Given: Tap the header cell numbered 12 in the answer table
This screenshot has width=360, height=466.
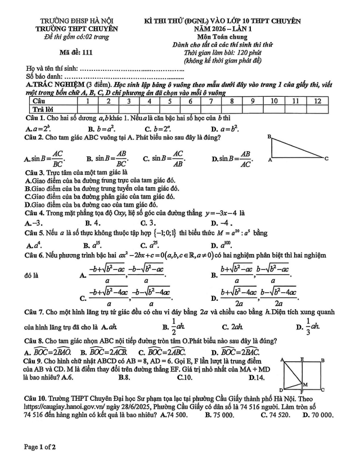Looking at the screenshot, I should point(318,101).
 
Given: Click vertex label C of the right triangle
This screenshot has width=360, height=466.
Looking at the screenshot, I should point(326,160).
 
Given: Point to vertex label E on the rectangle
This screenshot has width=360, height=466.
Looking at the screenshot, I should point(301,359).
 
